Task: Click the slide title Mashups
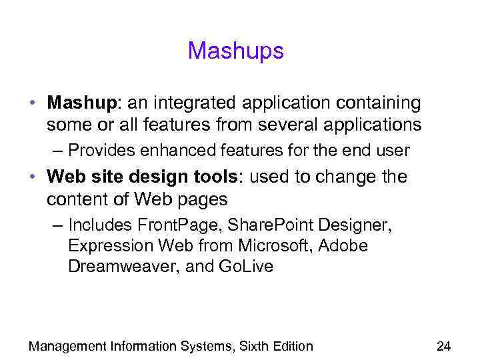(235, 51)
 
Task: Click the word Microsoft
(271, 246)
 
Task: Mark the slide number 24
(443, 345)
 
